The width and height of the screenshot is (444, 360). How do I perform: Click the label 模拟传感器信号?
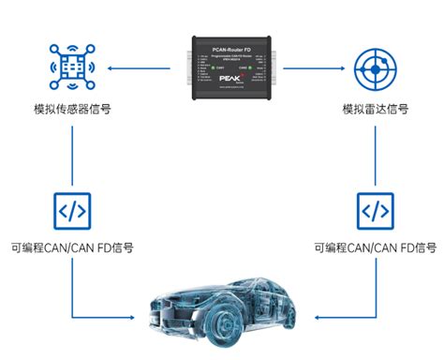[x=72, y=110]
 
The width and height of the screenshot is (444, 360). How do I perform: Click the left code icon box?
[x=72, y=209]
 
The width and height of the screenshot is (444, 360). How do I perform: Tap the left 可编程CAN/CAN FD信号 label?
[x=72, y=248]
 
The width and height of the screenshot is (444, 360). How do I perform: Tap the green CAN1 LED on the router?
[x=208, y=68]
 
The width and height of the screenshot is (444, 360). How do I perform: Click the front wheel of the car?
[x=185, y=323]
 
